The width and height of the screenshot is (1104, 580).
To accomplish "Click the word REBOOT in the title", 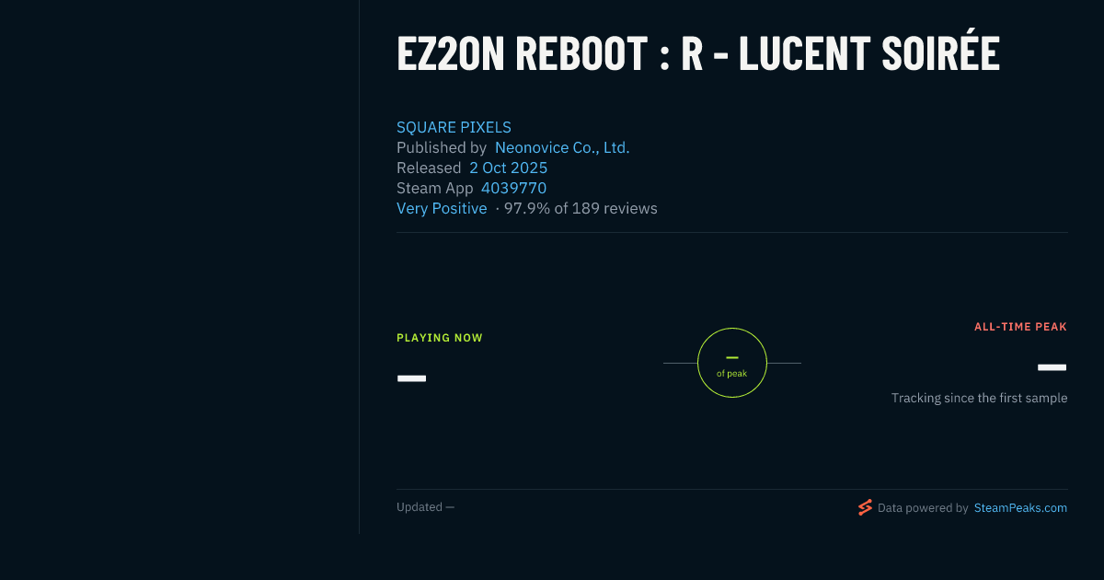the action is click(x=581, y=53).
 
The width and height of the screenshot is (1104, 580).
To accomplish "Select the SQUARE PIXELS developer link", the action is click(x=454, y=127).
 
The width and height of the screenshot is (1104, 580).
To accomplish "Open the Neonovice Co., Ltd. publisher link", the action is click(x=562, y=147).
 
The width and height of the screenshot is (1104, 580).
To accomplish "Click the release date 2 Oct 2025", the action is click(x=508, y=168).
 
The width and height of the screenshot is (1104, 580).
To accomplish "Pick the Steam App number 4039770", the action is click(x=513, y=188).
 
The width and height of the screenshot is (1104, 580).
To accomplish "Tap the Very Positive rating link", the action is click(x=442, y=208).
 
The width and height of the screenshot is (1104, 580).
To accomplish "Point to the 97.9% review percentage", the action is click(x=527, y=208).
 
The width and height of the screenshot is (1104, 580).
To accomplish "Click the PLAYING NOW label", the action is click(x=440, y=338).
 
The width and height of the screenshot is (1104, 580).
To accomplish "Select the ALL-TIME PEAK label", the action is click(x=1020, y=327).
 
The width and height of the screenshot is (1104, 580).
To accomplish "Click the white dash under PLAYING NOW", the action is click(x=411, y=378).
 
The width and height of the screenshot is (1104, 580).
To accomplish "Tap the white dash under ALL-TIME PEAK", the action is click(x=1052, y=367).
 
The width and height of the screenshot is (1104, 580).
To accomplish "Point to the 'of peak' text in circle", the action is click(x=732, y=374).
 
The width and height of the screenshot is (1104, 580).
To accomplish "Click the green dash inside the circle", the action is click(x=732, y=357).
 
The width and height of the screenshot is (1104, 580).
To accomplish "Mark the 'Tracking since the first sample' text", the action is click(x=979, y=398).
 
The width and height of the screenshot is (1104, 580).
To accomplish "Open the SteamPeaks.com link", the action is click(x=1020, y=508).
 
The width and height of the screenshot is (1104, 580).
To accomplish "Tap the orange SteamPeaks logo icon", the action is click(x=865, y=507).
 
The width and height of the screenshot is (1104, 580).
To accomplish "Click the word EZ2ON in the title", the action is click(x=451, y=53).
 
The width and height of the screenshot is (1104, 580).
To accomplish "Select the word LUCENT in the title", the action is click(x=805, y=53).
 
